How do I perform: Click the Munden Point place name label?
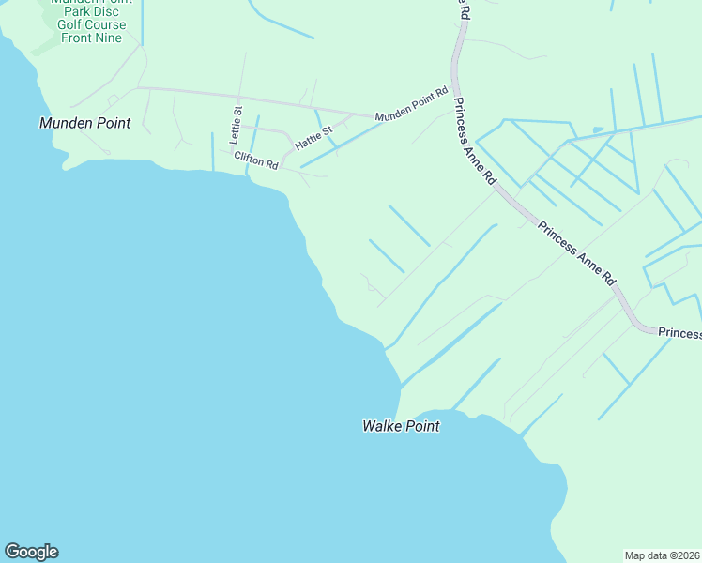[84, 123]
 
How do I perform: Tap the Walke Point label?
[401, 426]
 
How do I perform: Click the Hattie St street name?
[313, 139]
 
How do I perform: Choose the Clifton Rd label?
[256, 160]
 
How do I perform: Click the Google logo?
[31, 552]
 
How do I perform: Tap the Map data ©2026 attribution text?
[663, 555]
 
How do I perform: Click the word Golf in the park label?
[70, 24]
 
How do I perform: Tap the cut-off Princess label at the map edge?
[679, 333]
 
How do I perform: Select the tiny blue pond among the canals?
[597, 129]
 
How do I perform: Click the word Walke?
[383, 426]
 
